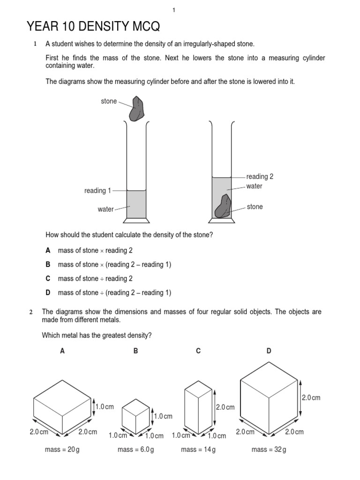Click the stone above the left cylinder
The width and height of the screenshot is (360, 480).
pyautogui.click(x=137, y=109)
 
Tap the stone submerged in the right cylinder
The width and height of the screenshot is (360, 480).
pyautogui.click(x=223, y=207)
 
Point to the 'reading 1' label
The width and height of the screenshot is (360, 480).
pyautogui.click(x=97, y=191)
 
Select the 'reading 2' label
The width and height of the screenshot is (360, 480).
pyautogui.click(x=260, y=177)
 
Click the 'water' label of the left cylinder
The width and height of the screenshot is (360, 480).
pyautogui.click(x=105, y=209)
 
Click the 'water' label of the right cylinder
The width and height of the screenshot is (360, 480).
pyautogui.click(x=254, y=186)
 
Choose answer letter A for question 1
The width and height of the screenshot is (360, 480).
pyautogui.click(x=48, y=250)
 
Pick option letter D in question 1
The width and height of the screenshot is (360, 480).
pyautogui.click(x=48, y=292)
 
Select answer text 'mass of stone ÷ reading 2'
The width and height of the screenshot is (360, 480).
pyautogui.click(x=95, y=278)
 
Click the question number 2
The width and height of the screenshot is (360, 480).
pyautogui.click(x=31, y=312)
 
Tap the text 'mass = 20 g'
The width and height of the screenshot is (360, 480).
pyautogui.click(x=62, y=450)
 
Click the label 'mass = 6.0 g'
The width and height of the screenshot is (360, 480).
pyautogui.click(x=136, y=450)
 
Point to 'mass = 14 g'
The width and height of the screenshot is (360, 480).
pyautogui.click(x=198, y=450)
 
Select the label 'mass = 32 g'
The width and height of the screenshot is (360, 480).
pyautogui.click(x=269, y=450)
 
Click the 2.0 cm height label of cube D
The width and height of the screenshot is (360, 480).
pyautogui.click(x=311, y=397)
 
